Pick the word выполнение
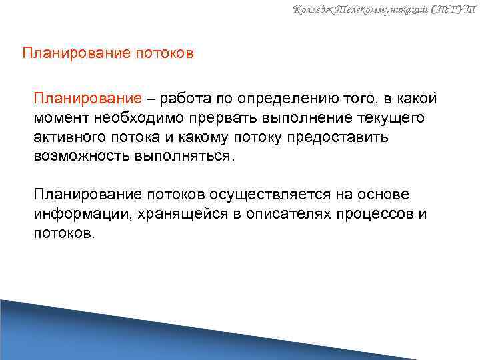[x=306, y=118]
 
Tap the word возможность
[x=79, y=156]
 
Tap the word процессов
[x=375, y=213]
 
